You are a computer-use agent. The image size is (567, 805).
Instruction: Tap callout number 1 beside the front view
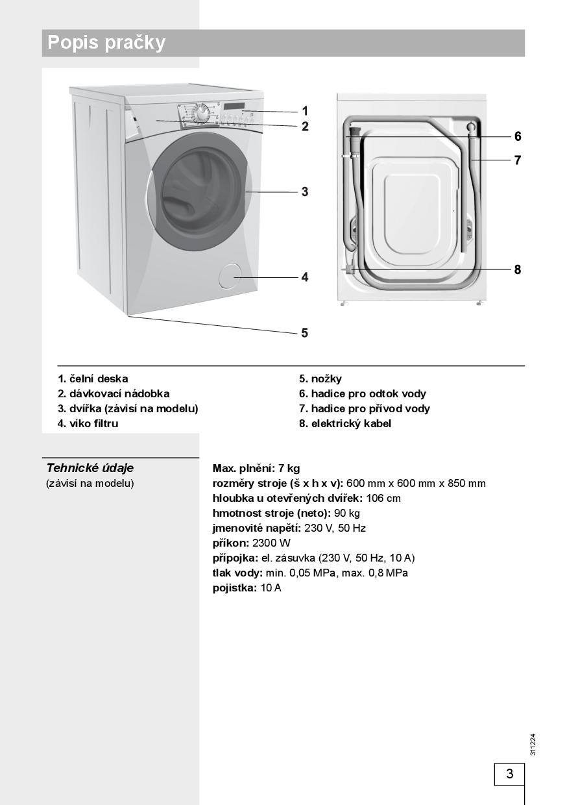click(304, 111)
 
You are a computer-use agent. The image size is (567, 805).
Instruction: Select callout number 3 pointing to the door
click(304, 192)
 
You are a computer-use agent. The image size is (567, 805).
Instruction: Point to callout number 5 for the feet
click(304, 333)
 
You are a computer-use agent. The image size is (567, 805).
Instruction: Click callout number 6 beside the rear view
click(517, 136)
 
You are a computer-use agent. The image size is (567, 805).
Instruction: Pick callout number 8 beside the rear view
click(517, 269)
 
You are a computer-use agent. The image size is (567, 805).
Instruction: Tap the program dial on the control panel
click(202, 114)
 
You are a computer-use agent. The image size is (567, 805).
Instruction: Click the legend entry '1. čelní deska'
click(93, 378)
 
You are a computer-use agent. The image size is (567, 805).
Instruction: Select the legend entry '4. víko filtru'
click(88, 423)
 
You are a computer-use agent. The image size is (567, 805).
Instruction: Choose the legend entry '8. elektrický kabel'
click(345, 423)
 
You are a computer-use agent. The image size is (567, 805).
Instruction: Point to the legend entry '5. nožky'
click(320, 378)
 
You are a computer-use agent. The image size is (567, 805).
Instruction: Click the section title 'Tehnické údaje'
click(90, 468)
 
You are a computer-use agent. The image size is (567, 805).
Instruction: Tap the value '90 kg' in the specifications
click(346, 514)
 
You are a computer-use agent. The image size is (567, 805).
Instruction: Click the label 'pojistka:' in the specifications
click(235, 588)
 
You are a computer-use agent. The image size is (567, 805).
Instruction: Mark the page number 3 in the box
click(509, 774)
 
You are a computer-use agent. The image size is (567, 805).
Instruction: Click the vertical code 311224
click(533, 744)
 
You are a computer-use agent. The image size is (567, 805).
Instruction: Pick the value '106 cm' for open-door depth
click(383, 499)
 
